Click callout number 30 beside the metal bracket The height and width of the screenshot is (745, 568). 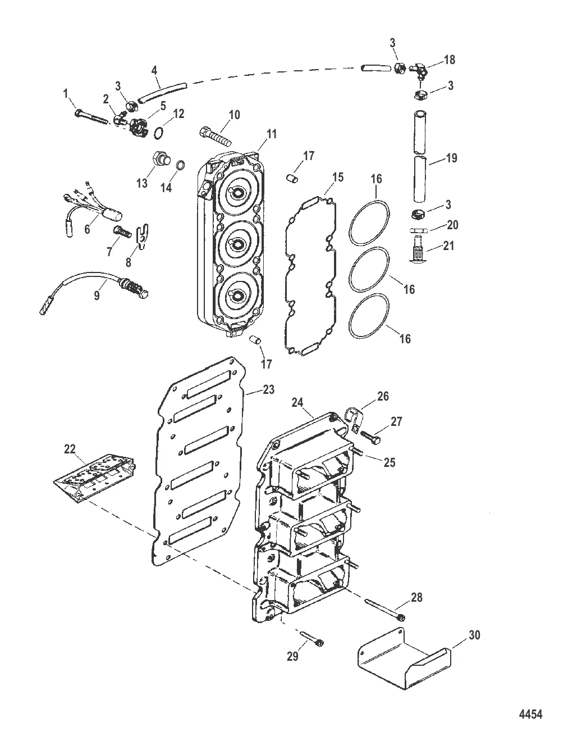[474, 635]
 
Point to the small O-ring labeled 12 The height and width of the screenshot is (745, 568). [158, 131]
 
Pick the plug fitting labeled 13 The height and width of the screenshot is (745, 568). [158, 159]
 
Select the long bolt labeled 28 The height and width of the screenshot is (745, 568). [386, 610]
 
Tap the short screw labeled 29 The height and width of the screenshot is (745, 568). [312, 639]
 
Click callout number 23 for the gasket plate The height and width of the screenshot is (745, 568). [268, 389]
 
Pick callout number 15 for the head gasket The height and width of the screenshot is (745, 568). [337, 178]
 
